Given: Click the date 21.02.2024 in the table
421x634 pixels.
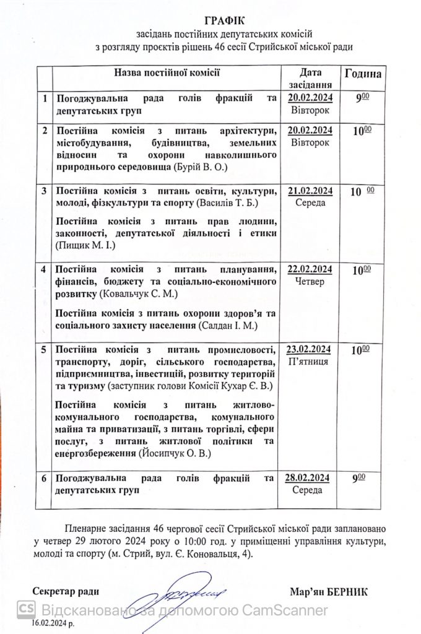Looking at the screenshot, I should (x=311, y=190).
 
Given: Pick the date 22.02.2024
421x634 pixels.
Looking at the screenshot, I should (x=311, y=269).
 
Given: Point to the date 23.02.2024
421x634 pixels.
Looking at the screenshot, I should (x=311, y=349).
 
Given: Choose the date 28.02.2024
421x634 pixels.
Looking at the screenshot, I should (x=311, y=477).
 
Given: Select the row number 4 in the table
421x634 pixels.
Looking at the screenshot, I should (x=43, y=270).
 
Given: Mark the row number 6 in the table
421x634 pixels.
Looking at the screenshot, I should (x=43, y=478).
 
